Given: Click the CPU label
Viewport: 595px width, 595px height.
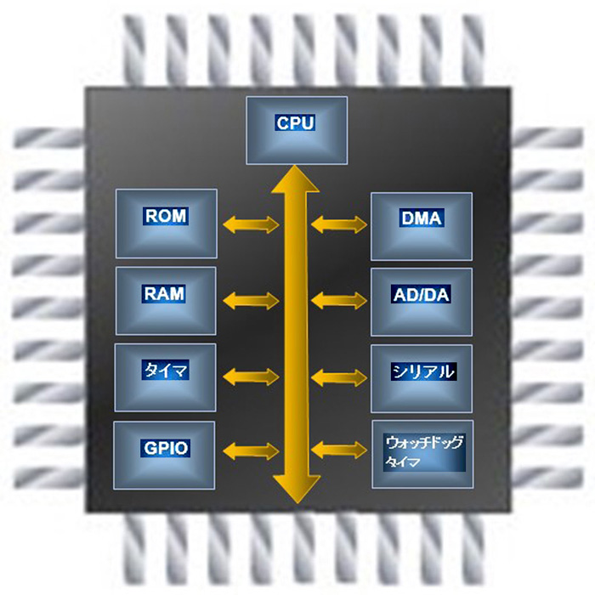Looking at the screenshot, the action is click(295, 123).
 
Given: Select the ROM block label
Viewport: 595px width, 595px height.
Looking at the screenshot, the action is click(166, 216).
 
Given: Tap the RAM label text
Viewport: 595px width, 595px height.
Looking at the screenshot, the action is click(164, 294).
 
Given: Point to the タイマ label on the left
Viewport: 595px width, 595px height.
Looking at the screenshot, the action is click(166, 370).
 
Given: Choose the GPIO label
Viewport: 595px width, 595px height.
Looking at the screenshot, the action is click(166, 448).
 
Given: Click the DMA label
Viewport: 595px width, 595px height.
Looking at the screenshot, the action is click(422, 218).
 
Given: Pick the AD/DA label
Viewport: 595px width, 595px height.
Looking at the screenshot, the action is click(422, 295).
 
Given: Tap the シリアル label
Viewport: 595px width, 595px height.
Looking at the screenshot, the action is click(423, 371).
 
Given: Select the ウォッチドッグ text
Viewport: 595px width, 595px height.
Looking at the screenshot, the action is click(425, 443).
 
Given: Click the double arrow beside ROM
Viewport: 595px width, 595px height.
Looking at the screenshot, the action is click(251, 224).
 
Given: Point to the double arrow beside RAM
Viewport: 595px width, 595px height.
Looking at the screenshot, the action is click(251, 301).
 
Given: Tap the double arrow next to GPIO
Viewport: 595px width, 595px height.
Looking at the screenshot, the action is click(251, 450).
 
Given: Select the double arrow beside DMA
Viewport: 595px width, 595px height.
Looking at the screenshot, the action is click(339, 224).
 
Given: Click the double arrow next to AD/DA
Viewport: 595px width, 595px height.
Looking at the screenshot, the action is click(339, 301).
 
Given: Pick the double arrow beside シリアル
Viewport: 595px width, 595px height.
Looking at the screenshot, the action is click(339, 377).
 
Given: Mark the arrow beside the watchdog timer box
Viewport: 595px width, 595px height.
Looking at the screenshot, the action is click(339, 450).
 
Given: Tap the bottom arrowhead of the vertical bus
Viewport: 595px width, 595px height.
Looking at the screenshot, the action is click(297, 490).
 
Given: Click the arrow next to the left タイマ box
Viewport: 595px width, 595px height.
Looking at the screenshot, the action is click(251, 377).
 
